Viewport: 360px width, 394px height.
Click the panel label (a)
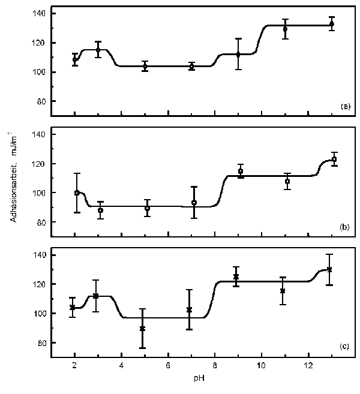coord(345,106)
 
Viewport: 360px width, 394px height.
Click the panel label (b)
coord(345,228)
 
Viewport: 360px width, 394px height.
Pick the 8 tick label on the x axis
coord(215,366)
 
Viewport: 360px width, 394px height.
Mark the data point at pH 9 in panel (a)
coord(238,55)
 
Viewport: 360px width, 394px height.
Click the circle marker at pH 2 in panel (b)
coord(77,193)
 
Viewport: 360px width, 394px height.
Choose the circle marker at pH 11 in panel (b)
coord(287,181)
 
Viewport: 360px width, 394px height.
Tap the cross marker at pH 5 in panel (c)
coord(142,329)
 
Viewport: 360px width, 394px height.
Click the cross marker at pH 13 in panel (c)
coord(329,269)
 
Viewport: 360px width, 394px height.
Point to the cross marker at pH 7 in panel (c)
coord(190,309)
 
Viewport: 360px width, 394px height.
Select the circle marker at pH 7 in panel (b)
coord(194,203)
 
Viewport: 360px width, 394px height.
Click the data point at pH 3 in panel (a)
coord(98,50)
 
